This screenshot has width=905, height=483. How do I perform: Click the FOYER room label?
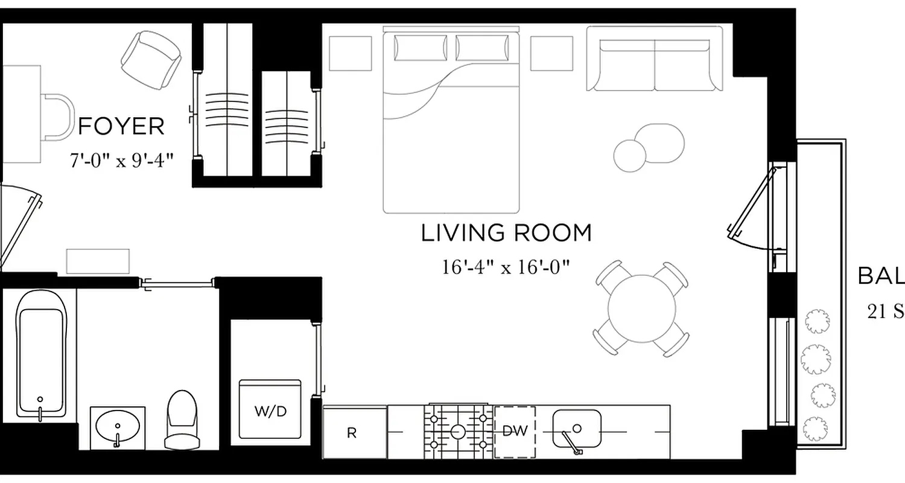click(121, 127)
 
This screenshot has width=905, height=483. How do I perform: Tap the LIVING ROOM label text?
click(506, 233)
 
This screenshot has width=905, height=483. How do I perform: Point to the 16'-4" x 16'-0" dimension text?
click(506, 266)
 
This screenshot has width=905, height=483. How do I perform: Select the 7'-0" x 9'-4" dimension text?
click(122, 161)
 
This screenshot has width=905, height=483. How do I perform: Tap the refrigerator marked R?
click(354, 432)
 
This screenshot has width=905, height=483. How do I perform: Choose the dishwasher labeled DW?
click(515, 431)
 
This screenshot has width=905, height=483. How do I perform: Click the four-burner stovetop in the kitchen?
click(458, 431)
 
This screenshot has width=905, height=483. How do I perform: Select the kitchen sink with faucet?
click(577, 429)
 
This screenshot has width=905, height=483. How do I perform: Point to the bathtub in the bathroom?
click(40, 353)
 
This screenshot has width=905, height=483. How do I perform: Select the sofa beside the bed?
click(655, 59)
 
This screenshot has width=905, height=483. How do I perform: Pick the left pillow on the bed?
click(421, 48)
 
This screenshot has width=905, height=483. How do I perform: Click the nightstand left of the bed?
click(351, 53)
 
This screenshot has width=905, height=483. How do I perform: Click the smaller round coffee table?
click(630, 155)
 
